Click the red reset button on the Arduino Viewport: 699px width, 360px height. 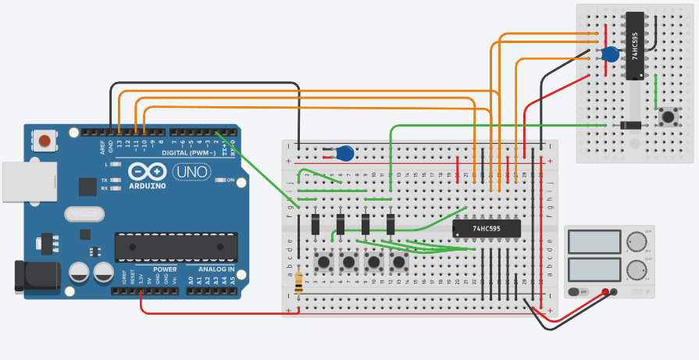pos(45,141)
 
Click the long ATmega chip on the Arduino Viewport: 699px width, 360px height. pos(176,246)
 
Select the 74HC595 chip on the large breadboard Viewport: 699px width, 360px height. pos(476,228)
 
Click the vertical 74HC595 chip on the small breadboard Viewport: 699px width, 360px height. pos(634,45)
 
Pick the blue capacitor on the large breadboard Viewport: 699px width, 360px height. pos(344,153)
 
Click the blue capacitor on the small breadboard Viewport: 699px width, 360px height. pos(611,55)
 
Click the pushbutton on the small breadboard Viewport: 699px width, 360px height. pos(668,117)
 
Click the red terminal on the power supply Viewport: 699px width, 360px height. pos(604,293)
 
